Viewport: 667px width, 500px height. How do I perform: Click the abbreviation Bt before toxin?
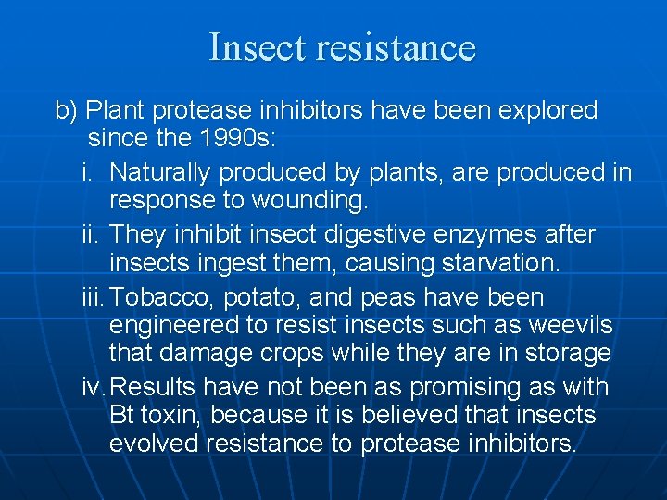click(x=121, y=416)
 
